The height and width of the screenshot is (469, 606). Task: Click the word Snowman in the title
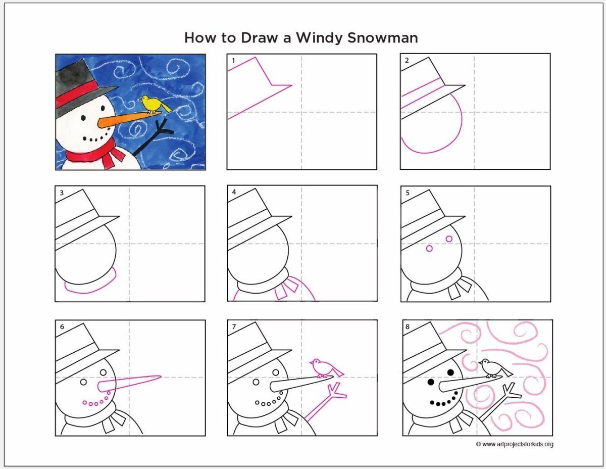(383, 38)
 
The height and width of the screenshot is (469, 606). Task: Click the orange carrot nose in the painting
(129, 119)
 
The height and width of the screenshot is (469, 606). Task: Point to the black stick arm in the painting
(153, 137)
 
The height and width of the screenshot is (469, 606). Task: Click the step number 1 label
(233, 61)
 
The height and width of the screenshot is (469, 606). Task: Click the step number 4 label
(234, 192)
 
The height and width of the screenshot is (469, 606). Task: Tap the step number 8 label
(408, 326)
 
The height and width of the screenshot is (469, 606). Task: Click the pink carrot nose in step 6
(129, 384)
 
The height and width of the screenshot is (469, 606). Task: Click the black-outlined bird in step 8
(495, 368)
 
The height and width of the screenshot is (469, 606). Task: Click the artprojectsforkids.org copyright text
(515, 444)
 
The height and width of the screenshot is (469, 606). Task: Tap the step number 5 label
(408, 193)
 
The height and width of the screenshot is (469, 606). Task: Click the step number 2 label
(407, 60)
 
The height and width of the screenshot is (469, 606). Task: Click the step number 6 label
(62, 326)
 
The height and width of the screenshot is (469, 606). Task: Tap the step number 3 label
(62, 193)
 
